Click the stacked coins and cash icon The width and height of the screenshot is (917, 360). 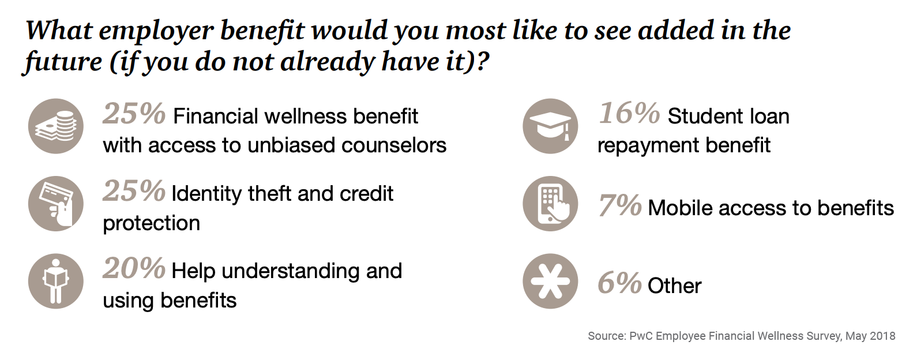[56, 126]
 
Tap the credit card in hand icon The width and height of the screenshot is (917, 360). [56, 204]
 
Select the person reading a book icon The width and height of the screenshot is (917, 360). [56, 282]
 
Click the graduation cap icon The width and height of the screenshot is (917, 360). [550, 126]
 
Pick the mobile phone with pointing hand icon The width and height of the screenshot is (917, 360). [550, 204]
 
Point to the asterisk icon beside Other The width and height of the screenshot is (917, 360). [550, 282]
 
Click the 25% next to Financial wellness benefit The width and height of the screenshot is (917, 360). [134, 114]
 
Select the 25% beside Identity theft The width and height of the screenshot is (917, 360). [134, 191]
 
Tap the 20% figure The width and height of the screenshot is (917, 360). [134, 268]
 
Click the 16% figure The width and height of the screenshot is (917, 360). [629, 114]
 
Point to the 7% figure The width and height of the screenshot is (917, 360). [619, 205]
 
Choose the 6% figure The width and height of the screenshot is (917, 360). [619, 283]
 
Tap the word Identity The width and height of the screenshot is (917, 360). [207, 194]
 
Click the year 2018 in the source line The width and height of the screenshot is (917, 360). [882, 336]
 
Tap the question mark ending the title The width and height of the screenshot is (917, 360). [483, 61]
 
